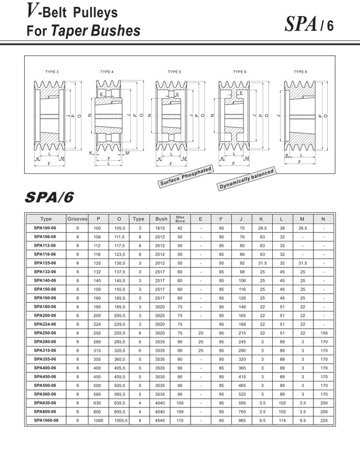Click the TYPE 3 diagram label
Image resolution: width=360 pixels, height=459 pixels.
pyautogui.click(x=52, y=72)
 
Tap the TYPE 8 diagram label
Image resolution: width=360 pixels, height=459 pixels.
pyautogui.click(x=300, y=72)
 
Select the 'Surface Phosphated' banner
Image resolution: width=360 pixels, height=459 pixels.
pyautogui.click(x=185, y=176)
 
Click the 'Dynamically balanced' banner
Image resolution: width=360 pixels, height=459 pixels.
pyautogui.click(x=246, y=180)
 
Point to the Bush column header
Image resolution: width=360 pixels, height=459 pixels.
pyautogui.click(x=161, y=219)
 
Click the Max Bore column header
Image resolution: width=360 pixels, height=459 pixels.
pyautogui.click(x=180, y=219)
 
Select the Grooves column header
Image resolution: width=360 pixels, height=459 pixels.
pyautogui.click(x=78, y=219)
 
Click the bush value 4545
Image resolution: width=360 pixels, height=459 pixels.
pyautogui.click(x=161, y=421)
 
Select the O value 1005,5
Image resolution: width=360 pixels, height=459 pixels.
pyautogui.click(x=119, y=421)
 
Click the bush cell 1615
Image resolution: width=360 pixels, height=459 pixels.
pyautogui.click(x=161, y=228)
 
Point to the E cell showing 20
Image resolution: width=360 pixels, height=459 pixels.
pyautogui.click(x=200, y=333)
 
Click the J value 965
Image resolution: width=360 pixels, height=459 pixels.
pyautogui.click(x=242, y=421)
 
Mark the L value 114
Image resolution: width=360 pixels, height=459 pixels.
pyautogui.click(x=282, y=421)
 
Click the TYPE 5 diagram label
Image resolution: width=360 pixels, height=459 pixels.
pyautogui.click(x=174, y=72)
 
